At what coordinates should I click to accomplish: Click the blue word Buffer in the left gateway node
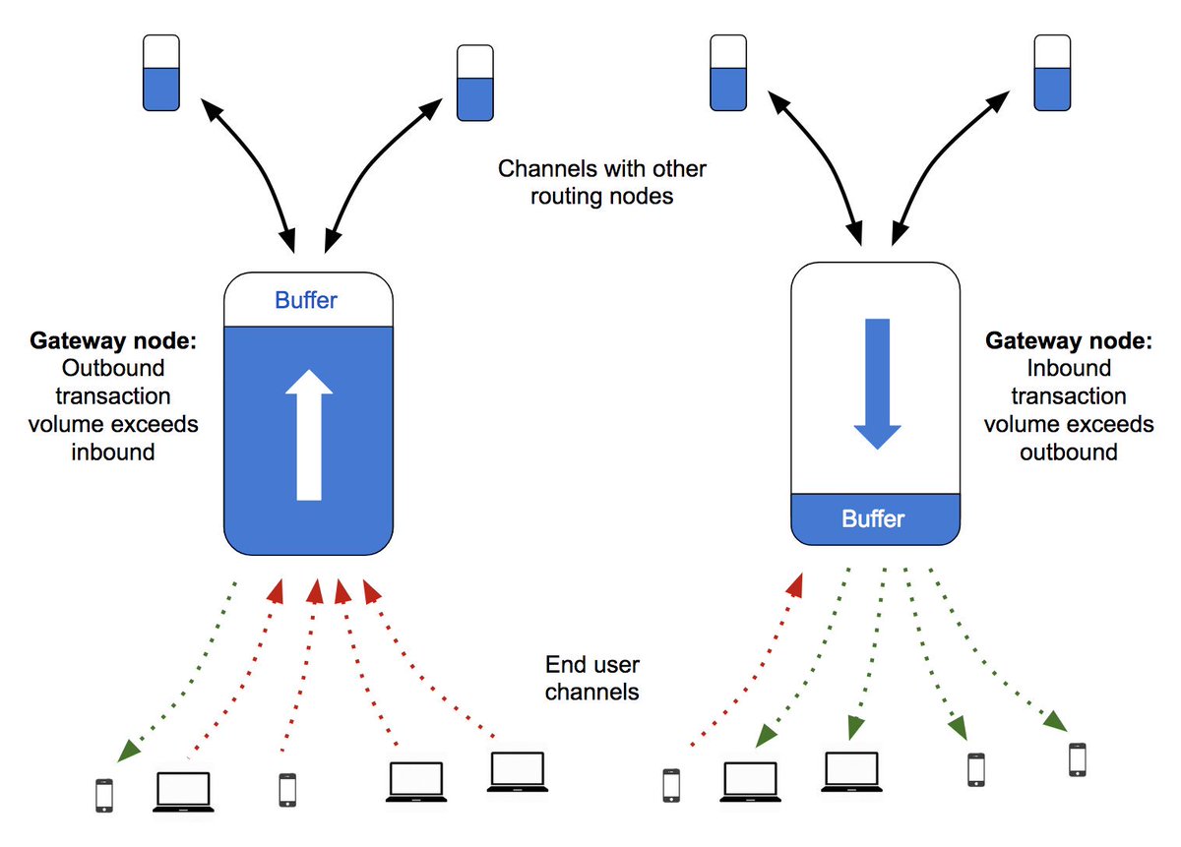[x=306, y=300]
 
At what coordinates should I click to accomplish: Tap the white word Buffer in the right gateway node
[x=873, y=518]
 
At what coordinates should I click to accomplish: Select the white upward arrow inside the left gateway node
[x=309, y=436]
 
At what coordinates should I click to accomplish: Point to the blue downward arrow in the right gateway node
[x=877, y=384]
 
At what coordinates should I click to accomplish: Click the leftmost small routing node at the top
[x=161, y=73]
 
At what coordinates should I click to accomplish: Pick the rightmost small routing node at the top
[x=1052, y=73]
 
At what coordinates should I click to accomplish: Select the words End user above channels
[x=592, y=665]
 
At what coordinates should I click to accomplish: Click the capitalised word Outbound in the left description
[x=113, y=368]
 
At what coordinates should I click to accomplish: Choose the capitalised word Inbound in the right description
[x=1069, y=368]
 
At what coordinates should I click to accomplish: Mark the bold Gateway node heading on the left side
[x=113, y=340]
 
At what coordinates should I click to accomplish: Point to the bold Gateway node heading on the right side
[x=1069, y=340]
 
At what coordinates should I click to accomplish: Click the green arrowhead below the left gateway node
[x=128, y=751]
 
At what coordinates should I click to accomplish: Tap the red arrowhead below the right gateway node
[x=795, y=586]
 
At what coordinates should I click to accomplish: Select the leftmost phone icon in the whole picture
[x=104, y=796]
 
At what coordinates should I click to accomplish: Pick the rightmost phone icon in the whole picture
[x=1077, y=759]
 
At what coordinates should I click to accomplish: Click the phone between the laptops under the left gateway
[x=287, y=790]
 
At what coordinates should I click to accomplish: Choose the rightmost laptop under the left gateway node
[x=518, y=772]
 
